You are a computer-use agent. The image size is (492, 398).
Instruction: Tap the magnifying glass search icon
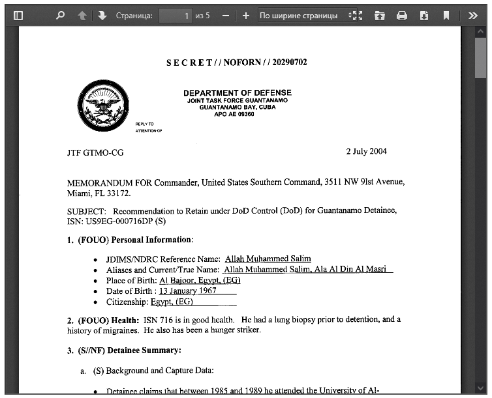coord(61,16)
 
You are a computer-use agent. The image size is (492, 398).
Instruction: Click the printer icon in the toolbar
coord(402,16)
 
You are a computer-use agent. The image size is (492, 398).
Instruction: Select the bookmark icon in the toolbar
coord(446,16)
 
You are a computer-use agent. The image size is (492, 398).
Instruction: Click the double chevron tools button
coord(473,16)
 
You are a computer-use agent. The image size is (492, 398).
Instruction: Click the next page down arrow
coord(102,16)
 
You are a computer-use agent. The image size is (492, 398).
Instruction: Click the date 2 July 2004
coord(366,152)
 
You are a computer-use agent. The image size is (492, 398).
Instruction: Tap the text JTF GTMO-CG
coord(95,153)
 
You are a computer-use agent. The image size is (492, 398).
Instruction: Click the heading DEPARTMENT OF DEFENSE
coord(238,92)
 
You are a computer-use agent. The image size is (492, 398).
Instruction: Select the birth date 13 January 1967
coord(188,291)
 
